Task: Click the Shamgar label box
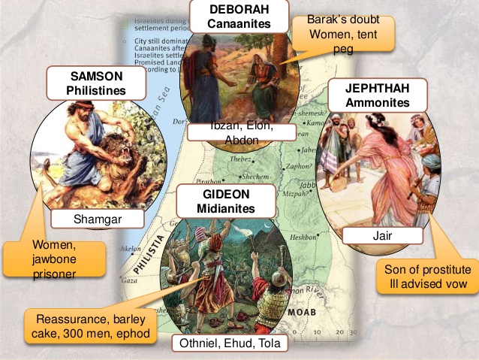(x=98, y=219)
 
